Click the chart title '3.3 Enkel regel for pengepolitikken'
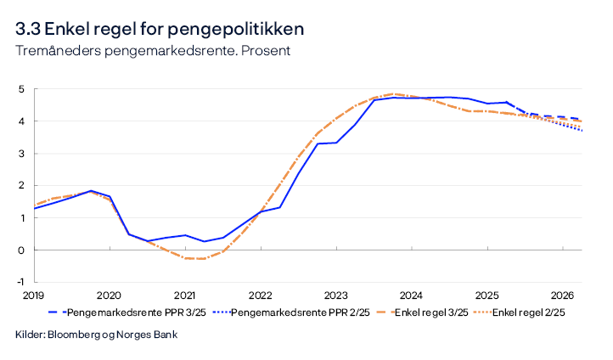tap(159, 29)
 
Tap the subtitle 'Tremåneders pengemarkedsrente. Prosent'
tap(153, 50)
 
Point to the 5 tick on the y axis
tap(21, 89)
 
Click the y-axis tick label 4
tap(21, 121)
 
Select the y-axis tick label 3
tap(21, 154)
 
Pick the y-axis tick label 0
tap(21, 250)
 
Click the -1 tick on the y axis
tap(20, 282)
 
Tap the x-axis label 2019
tap(33, 295)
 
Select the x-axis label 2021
tap(184, 295)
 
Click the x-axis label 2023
tap(335, 295)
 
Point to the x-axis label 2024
tap(411, 295)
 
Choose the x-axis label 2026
tap(562, 295)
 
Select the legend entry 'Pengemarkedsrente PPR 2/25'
tap(294, 312)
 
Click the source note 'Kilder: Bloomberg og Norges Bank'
tap(97, 335)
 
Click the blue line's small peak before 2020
tap(90, 191)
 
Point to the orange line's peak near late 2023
tap(393, 94)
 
